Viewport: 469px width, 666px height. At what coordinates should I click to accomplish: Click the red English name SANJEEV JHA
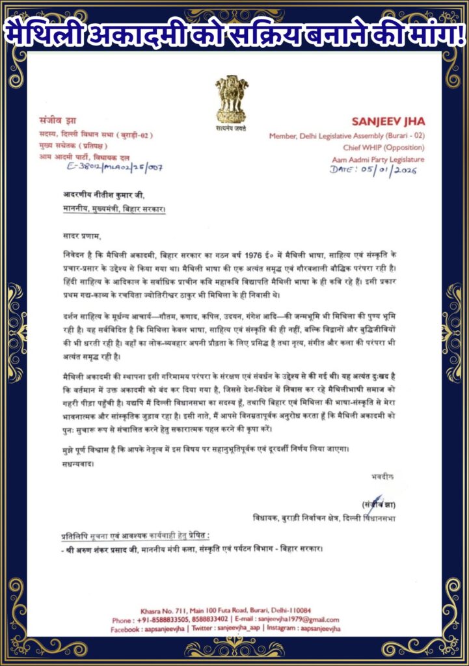click(x=388, y=122)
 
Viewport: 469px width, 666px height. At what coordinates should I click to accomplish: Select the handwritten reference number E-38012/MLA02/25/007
click(x=114, y=167)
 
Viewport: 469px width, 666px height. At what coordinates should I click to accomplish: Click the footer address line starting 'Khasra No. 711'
click(x=234, y=610)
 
